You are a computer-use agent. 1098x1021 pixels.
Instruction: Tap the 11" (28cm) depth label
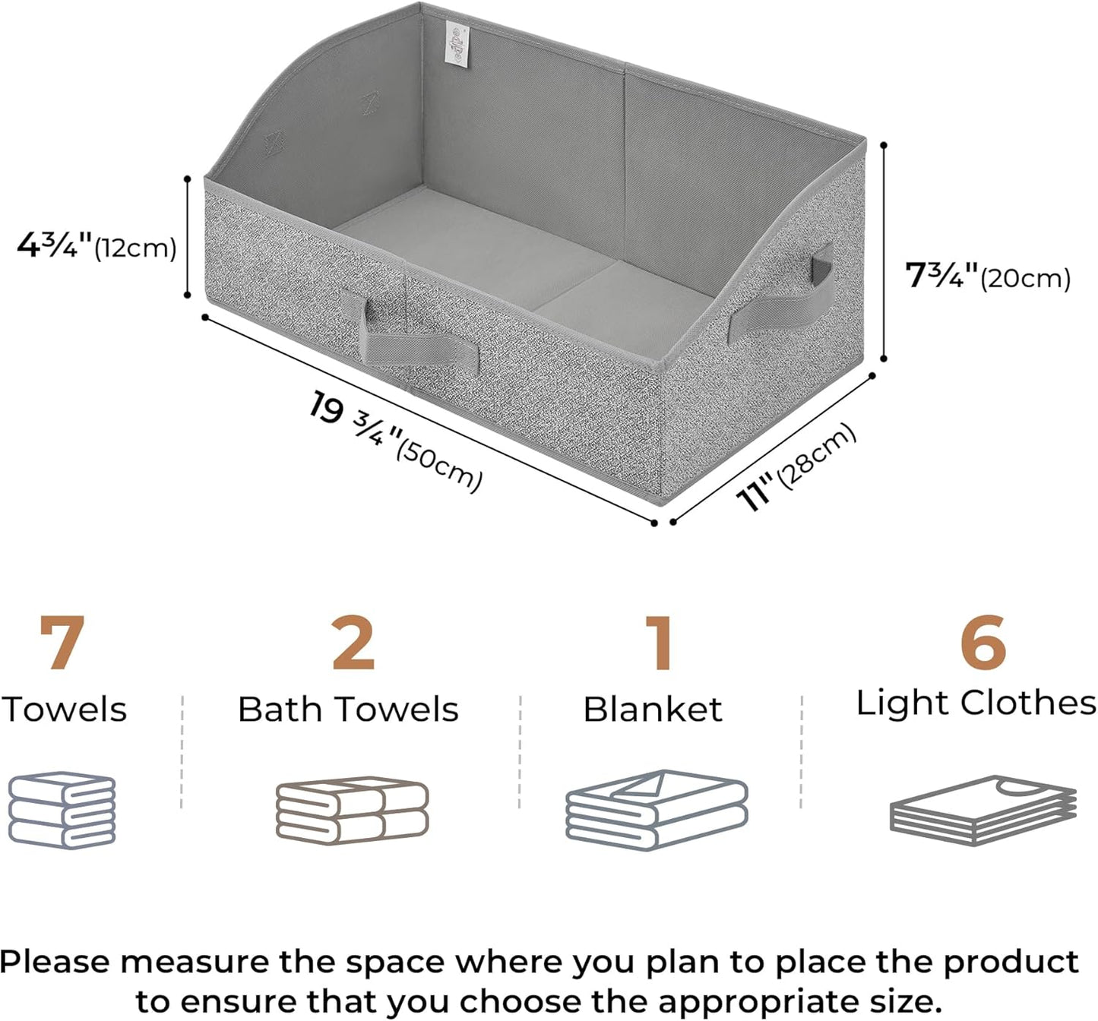(796, 467)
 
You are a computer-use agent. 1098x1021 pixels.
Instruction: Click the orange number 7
(62, 643)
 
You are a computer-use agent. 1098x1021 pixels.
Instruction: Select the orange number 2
(353, 643)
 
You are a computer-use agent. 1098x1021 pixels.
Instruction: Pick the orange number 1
(659, 643)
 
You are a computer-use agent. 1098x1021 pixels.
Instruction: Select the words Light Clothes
(976, 704)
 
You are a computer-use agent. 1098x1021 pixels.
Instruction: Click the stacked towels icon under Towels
(62, 810)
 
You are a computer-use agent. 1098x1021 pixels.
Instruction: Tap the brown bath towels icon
(352, 811)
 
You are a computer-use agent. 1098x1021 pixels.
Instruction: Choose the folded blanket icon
(657, 810)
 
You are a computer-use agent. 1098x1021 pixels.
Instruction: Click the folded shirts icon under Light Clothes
(983, 811)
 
